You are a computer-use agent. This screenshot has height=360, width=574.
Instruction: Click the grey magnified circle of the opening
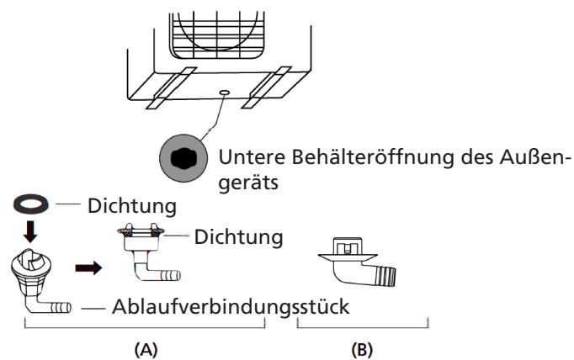(184, 158)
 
